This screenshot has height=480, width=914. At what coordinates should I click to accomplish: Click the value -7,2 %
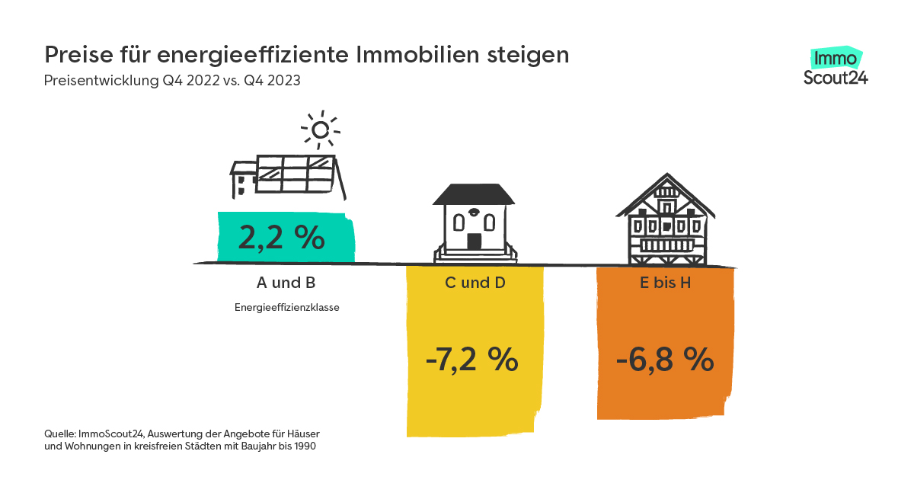point(472,360)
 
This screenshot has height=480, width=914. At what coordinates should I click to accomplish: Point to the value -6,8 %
point(665,360)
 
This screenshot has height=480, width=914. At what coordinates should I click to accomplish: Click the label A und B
point(286,283)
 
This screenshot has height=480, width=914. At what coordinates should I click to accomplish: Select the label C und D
point(475,283)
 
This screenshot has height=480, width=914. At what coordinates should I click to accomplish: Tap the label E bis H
point(665,283)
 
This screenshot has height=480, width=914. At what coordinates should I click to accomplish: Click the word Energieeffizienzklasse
point(286,309)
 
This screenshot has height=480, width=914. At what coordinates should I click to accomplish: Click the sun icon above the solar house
point(321,130)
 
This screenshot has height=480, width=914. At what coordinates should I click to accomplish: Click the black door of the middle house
point(475,242)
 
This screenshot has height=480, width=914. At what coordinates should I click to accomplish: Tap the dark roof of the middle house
point(475,195)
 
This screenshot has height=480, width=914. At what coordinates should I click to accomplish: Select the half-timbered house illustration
point(666,221)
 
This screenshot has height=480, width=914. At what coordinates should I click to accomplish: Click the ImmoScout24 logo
point(836,67)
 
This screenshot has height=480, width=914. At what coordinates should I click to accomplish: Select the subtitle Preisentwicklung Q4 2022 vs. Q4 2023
point(172,81)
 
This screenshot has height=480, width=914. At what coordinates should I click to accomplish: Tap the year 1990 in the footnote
point(302,446)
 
